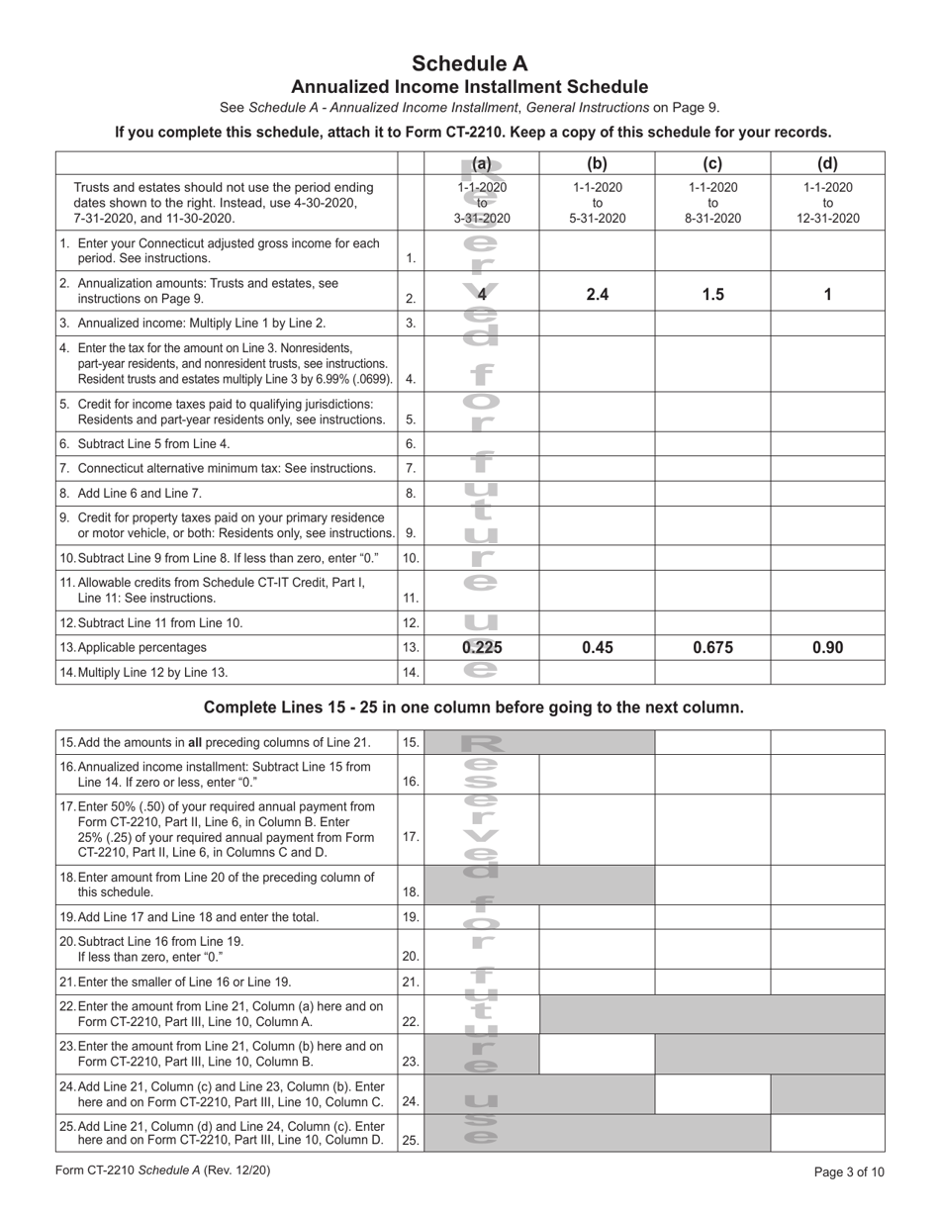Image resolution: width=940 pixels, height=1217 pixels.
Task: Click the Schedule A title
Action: tap(470, 63)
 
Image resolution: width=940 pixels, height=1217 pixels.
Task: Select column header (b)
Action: tap(597, 165)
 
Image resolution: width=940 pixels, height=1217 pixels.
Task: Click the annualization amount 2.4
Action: tap(597, 294)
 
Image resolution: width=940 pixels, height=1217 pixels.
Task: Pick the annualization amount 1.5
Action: tap(712, 294)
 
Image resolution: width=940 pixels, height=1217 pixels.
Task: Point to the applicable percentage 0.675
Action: tap(712, 647)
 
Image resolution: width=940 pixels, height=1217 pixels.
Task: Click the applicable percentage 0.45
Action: tap(597, 647)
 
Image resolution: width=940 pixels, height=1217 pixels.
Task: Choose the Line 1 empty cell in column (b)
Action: tap(597, 251)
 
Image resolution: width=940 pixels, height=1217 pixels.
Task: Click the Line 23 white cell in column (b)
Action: tap(597, 1054)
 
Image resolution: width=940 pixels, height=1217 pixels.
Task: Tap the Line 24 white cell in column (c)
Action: tap(712, 1094)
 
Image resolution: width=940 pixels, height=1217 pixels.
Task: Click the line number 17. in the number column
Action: tap(411, 836)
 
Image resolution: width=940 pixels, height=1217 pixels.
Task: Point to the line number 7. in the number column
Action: tap(411, 468)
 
